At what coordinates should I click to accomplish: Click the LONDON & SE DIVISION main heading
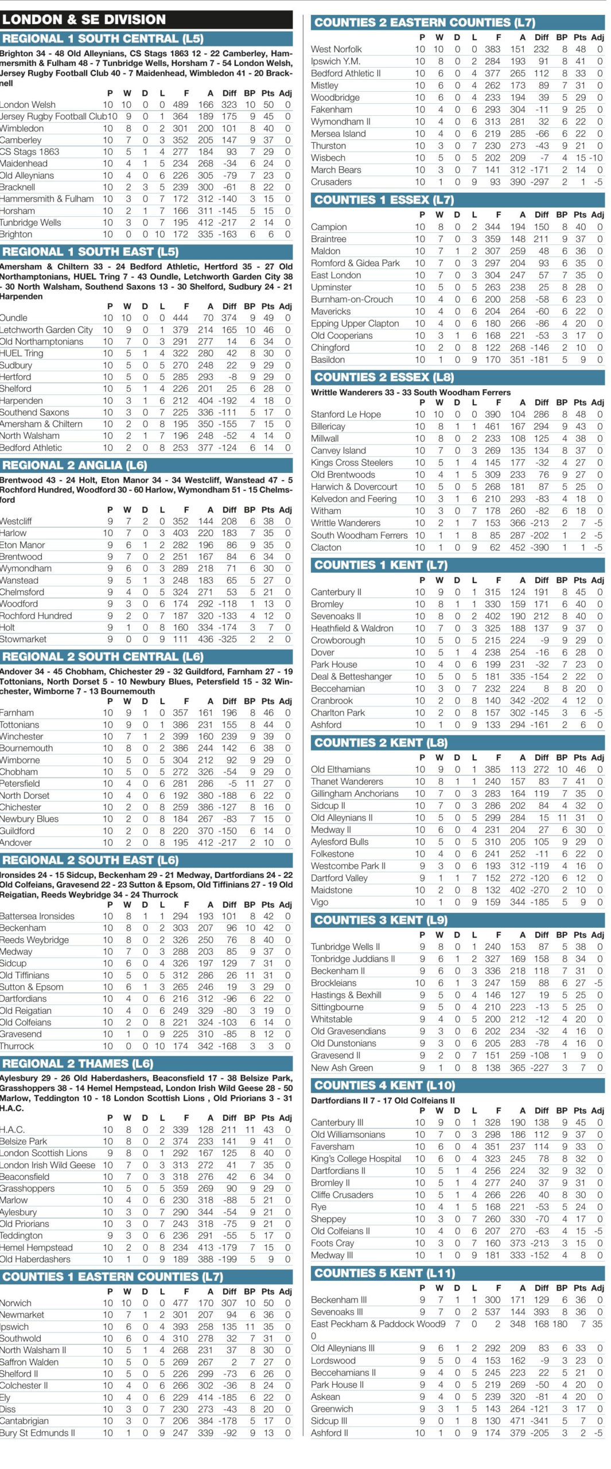tap(84, 20)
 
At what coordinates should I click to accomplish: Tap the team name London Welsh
tap(28, 104)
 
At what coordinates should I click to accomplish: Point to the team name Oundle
tap(14, 318)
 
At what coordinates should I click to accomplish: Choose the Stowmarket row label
tap(24, 639)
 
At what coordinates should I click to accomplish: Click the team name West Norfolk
tap(336, 49)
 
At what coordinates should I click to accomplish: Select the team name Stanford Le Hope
tap(345, 414)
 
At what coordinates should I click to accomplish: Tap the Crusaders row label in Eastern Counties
tap(331, 182)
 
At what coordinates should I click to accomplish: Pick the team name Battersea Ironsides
tap(37, 916)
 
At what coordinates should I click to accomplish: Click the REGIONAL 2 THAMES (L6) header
tap(77, 1063)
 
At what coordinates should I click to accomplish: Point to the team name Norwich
tap(16, 1303)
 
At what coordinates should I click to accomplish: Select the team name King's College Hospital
tap(356, 1159)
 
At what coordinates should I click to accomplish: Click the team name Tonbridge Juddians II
tap(353, 959)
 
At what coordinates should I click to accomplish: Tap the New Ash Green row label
tap(342, 1068)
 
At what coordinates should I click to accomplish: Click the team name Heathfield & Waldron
tap(352, 628)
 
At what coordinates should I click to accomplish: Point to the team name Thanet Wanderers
tap(347, 782)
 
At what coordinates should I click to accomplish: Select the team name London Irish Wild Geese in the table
tap(48, 1165)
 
